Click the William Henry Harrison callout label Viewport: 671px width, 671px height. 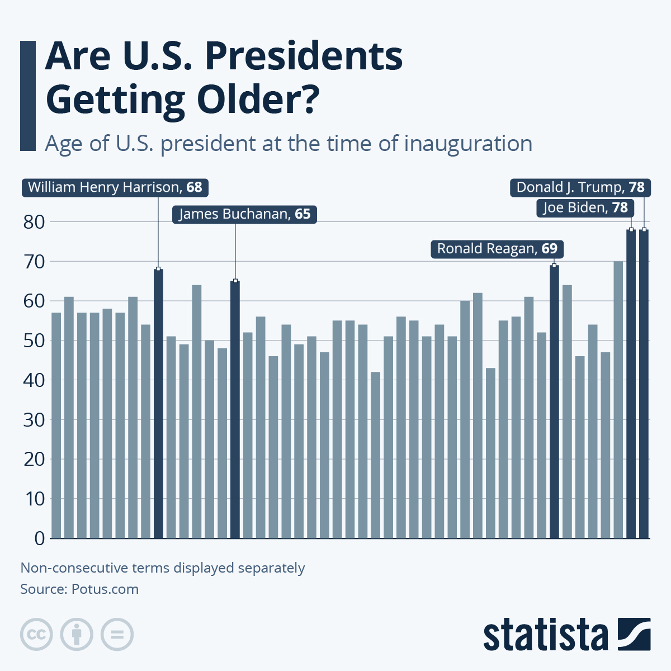[115, 187]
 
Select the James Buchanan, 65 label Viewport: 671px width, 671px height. [244, 215]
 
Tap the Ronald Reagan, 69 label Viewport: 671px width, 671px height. [497, 249]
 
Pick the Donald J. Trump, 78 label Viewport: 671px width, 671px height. [580, 187]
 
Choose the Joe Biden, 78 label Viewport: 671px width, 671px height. [585, 208]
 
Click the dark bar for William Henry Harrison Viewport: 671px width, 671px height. [158, 403]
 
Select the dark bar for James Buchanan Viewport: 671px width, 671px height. [235, 408]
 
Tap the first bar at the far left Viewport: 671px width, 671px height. [56, 425]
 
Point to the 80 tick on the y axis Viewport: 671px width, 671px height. [34, 222]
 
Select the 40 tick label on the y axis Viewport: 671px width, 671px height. [34, 380]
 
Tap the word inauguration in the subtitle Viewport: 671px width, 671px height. [467, 144]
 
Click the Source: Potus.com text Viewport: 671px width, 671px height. [79, 589]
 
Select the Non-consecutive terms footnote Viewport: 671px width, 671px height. [163, 568]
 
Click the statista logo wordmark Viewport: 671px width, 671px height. [545, 635]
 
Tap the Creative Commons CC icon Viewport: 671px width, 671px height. [36, 635]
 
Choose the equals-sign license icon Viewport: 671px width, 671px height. [117, 635]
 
